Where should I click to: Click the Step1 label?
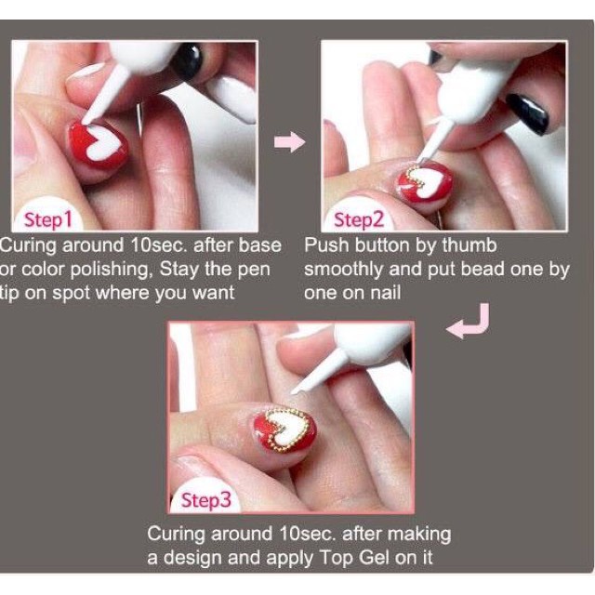[47, 220]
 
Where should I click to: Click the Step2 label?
[359, 220]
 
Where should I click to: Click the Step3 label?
[206, 500]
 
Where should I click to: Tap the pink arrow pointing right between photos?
[289, 142]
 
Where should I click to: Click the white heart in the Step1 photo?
[102, 143]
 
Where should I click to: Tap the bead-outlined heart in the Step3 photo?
[287, 428]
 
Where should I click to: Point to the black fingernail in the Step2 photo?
[527, 113]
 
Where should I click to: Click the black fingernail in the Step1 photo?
[188, 60]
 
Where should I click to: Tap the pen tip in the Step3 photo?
[294, 392]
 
